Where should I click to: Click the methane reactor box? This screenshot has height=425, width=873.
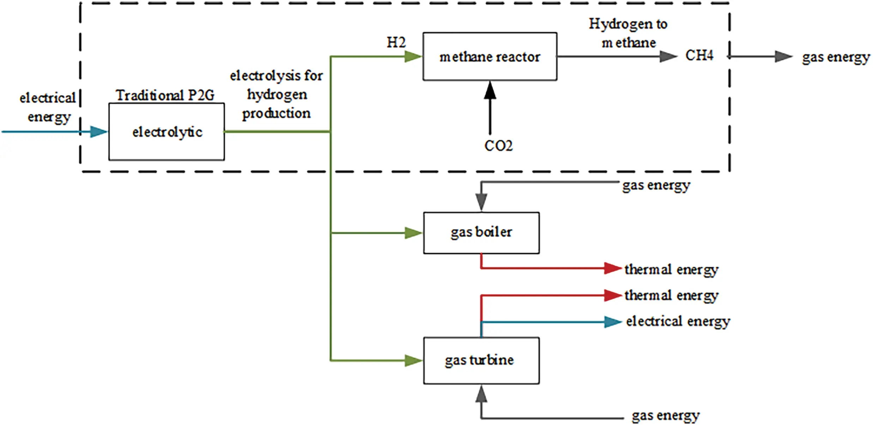490,56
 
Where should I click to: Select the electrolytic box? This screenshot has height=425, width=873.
166,132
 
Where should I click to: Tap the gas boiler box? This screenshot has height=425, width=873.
481,232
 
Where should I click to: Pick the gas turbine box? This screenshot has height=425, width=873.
481,360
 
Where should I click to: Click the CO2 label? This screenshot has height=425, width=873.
498,146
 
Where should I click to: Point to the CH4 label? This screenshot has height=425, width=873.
699,55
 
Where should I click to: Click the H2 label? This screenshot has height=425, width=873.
396,43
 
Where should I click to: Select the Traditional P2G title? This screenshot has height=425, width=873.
165,95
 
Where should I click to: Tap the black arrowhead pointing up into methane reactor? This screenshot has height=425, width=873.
490,90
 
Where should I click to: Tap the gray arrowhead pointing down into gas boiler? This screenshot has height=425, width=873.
481,202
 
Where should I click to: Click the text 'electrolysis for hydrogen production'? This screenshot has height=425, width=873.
276,95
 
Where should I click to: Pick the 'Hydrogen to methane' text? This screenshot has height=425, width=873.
628,33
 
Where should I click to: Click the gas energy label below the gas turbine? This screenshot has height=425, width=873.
665,415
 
